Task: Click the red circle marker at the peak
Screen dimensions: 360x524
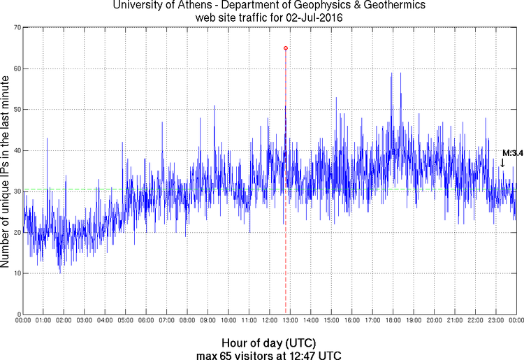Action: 286,48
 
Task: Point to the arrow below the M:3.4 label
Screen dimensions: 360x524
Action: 502,163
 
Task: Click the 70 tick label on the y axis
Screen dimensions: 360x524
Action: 15,28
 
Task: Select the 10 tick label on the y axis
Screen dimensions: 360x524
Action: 15,273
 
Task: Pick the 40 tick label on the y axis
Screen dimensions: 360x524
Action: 15,150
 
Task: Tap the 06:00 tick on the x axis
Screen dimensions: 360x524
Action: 146,321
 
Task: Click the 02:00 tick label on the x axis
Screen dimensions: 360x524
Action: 64,321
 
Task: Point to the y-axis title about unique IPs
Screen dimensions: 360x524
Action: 6,171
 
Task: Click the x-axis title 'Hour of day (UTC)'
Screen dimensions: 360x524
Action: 268,343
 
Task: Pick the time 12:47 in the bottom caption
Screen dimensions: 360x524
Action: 301,354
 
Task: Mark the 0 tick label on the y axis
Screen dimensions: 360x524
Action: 17,315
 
